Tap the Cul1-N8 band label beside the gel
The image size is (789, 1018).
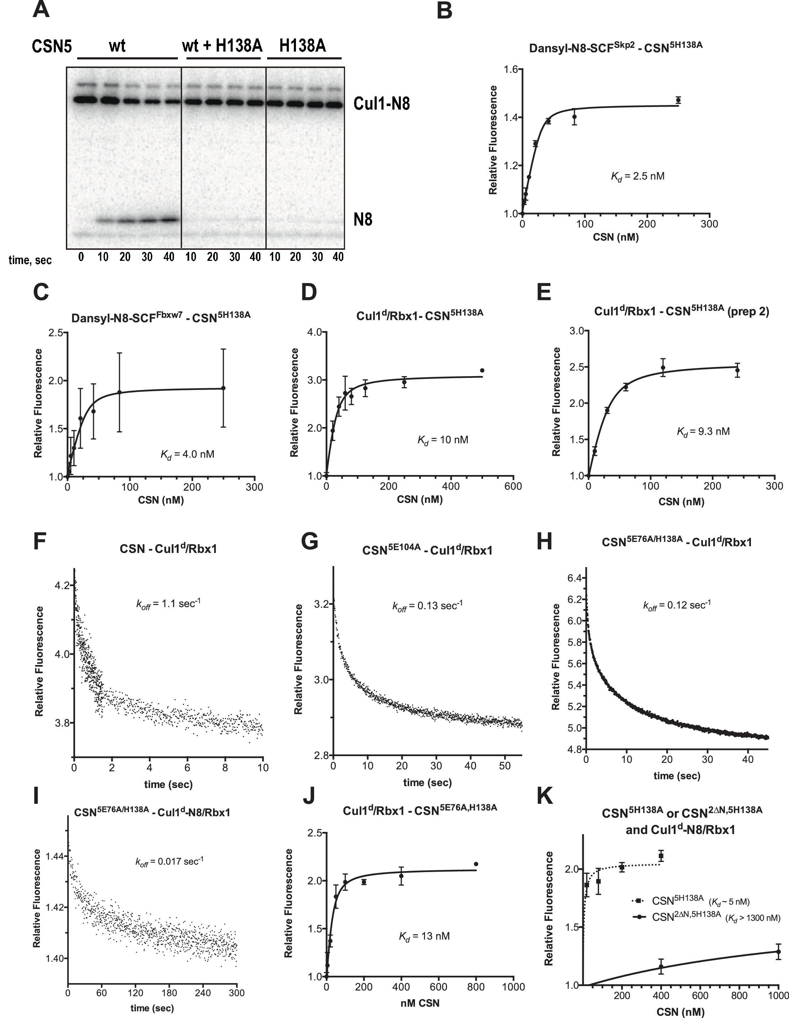pos(381,103)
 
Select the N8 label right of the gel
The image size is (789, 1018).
pos(362,219)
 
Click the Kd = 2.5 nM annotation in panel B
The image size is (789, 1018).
pos(637,176)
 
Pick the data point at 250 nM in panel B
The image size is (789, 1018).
pos(678,100)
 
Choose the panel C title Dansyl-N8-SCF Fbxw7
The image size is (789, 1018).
pos(161,317)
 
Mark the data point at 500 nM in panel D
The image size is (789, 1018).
pos(482,370)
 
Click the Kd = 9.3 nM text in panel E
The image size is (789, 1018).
pos(703,432)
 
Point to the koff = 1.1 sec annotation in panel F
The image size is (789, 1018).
pos(168,604)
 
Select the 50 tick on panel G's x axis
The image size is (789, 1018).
pos(505,766)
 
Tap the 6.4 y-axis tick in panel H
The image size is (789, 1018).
pos(574,578)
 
